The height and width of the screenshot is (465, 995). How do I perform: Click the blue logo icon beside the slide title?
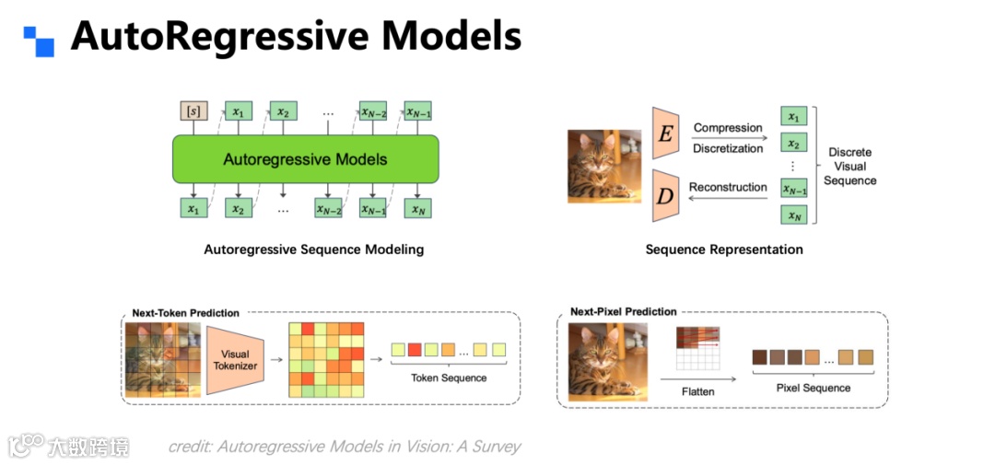pos(39,41)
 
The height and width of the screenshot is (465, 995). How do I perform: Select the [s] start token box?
pos(193,112)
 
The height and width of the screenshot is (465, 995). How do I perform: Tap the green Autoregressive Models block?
pos(305,159)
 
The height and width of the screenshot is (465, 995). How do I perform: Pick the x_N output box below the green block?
pos(418,209)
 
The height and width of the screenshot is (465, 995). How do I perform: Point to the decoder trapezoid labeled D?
pos(664,195)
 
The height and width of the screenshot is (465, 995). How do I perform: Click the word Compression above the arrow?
pos(728,128)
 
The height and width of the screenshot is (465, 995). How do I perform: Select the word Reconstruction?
pos(728,187)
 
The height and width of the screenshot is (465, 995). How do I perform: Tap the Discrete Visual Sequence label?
pos(849,167)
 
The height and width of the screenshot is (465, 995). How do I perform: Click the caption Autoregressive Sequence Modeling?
pos(313,250)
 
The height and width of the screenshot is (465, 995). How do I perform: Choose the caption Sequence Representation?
pos(723,250)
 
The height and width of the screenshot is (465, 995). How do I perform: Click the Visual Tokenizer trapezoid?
pos(236,360)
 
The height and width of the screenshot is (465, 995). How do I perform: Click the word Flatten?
pos(697,391)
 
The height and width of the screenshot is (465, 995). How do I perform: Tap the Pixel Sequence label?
pos(813,388)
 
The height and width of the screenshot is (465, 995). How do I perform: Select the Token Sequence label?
pos(449,378)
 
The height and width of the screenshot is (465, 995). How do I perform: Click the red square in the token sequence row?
pos(415,350)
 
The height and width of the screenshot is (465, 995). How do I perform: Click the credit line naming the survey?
pos(344,447)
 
